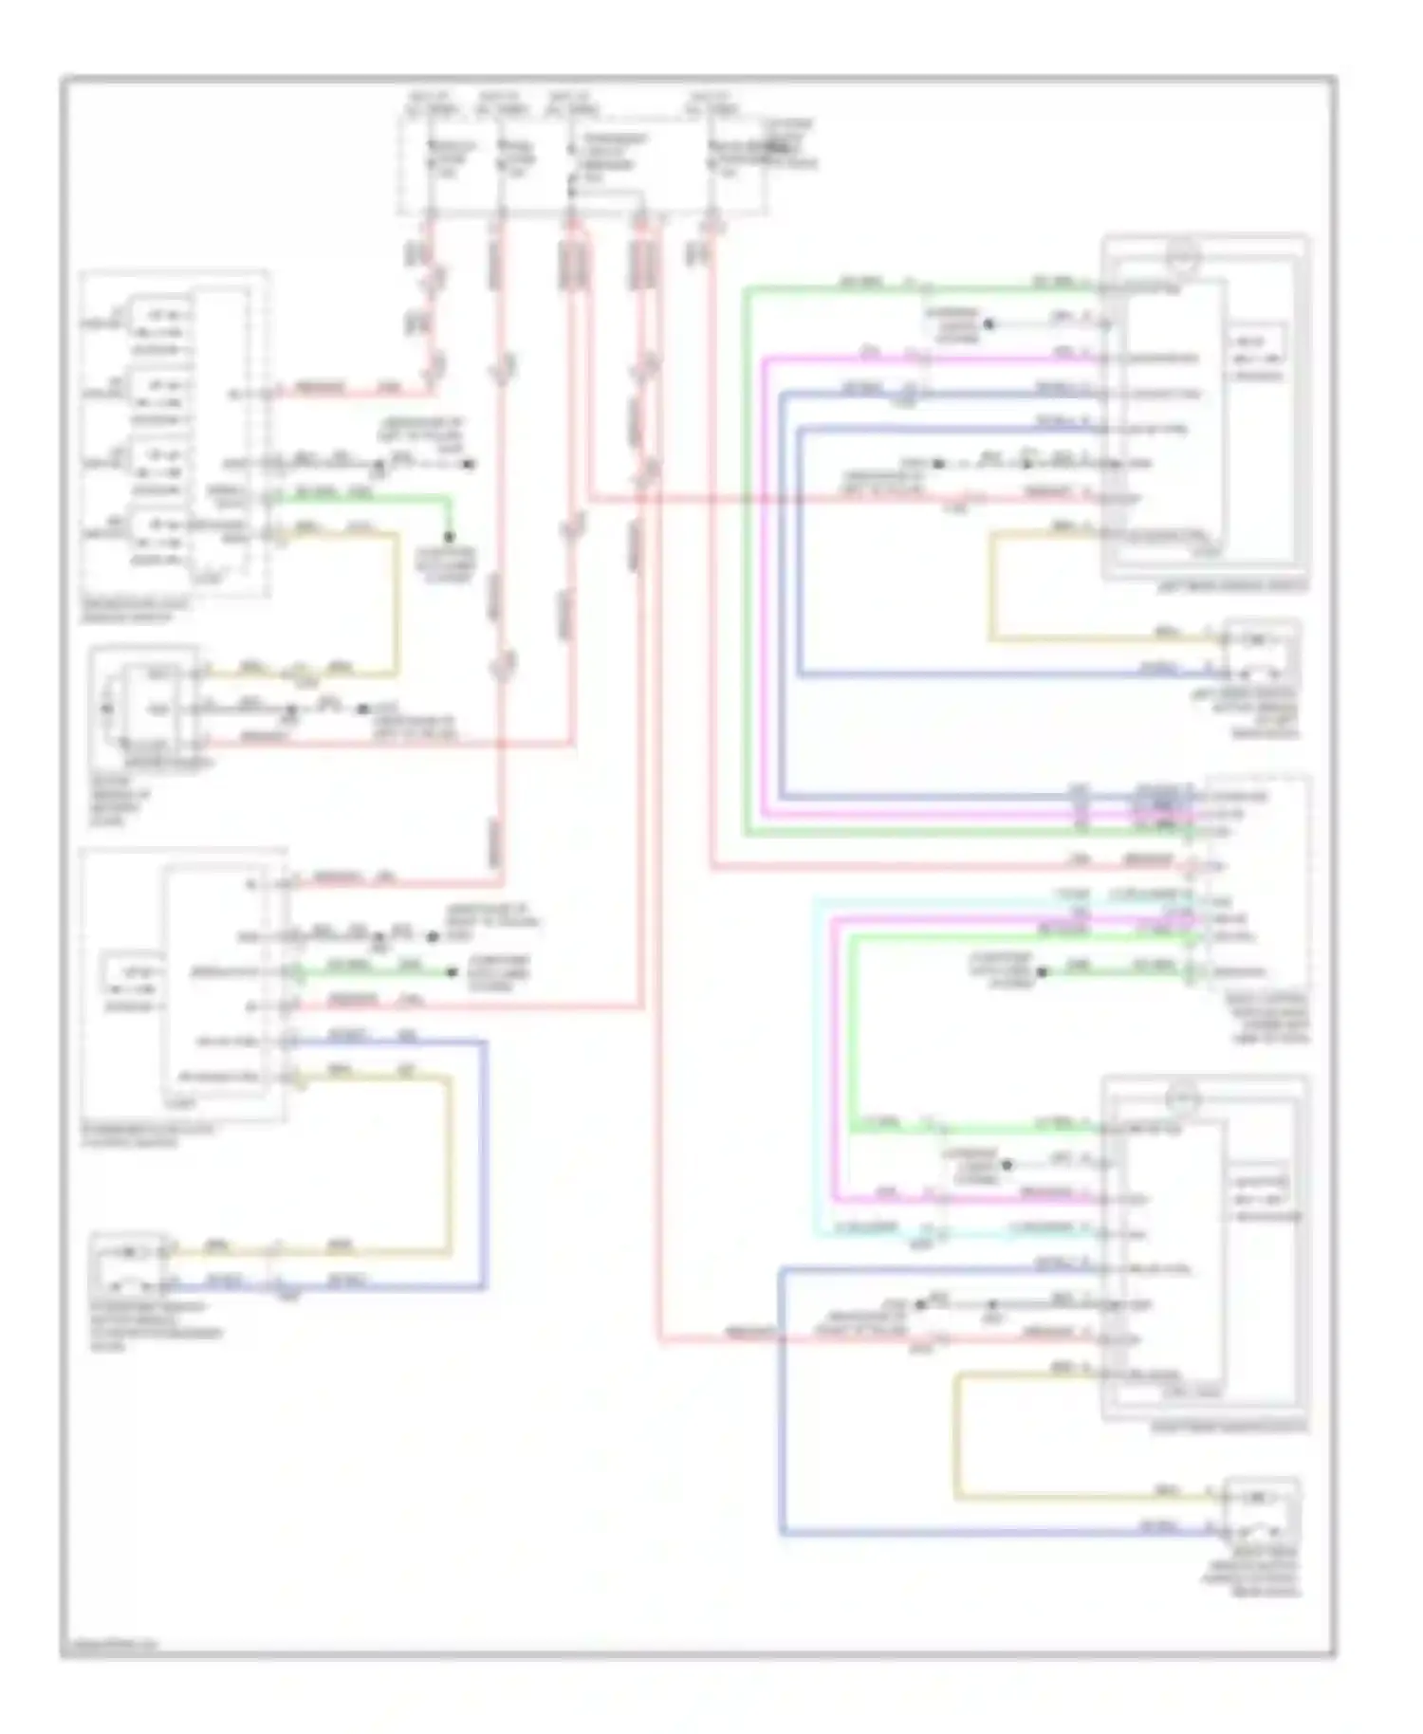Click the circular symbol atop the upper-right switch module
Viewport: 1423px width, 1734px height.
click(x=1183, y=255)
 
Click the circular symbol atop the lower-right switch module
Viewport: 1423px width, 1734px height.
click(x=1183, y=1099)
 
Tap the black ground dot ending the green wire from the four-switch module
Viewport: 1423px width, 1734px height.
click(x=449, y=537)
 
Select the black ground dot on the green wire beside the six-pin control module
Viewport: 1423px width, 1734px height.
click(x=453, y=972)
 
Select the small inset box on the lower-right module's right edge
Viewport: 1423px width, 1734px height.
click(x=1260, y=1191)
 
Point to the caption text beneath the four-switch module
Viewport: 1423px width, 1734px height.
click(x=134, y=610)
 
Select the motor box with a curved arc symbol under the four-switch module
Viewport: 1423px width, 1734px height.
click(x=145, y=707)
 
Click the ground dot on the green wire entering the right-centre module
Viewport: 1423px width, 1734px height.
click(x=1041, y=972)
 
